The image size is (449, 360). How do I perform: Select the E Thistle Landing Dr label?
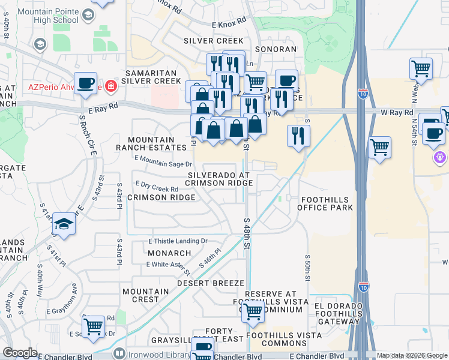178,241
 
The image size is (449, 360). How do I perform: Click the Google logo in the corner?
20,352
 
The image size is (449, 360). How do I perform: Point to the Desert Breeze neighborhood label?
210,283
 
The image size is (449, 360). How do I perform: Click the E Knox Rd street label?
229,23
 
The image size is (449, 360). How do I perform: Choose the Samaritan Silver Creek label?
151,76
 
